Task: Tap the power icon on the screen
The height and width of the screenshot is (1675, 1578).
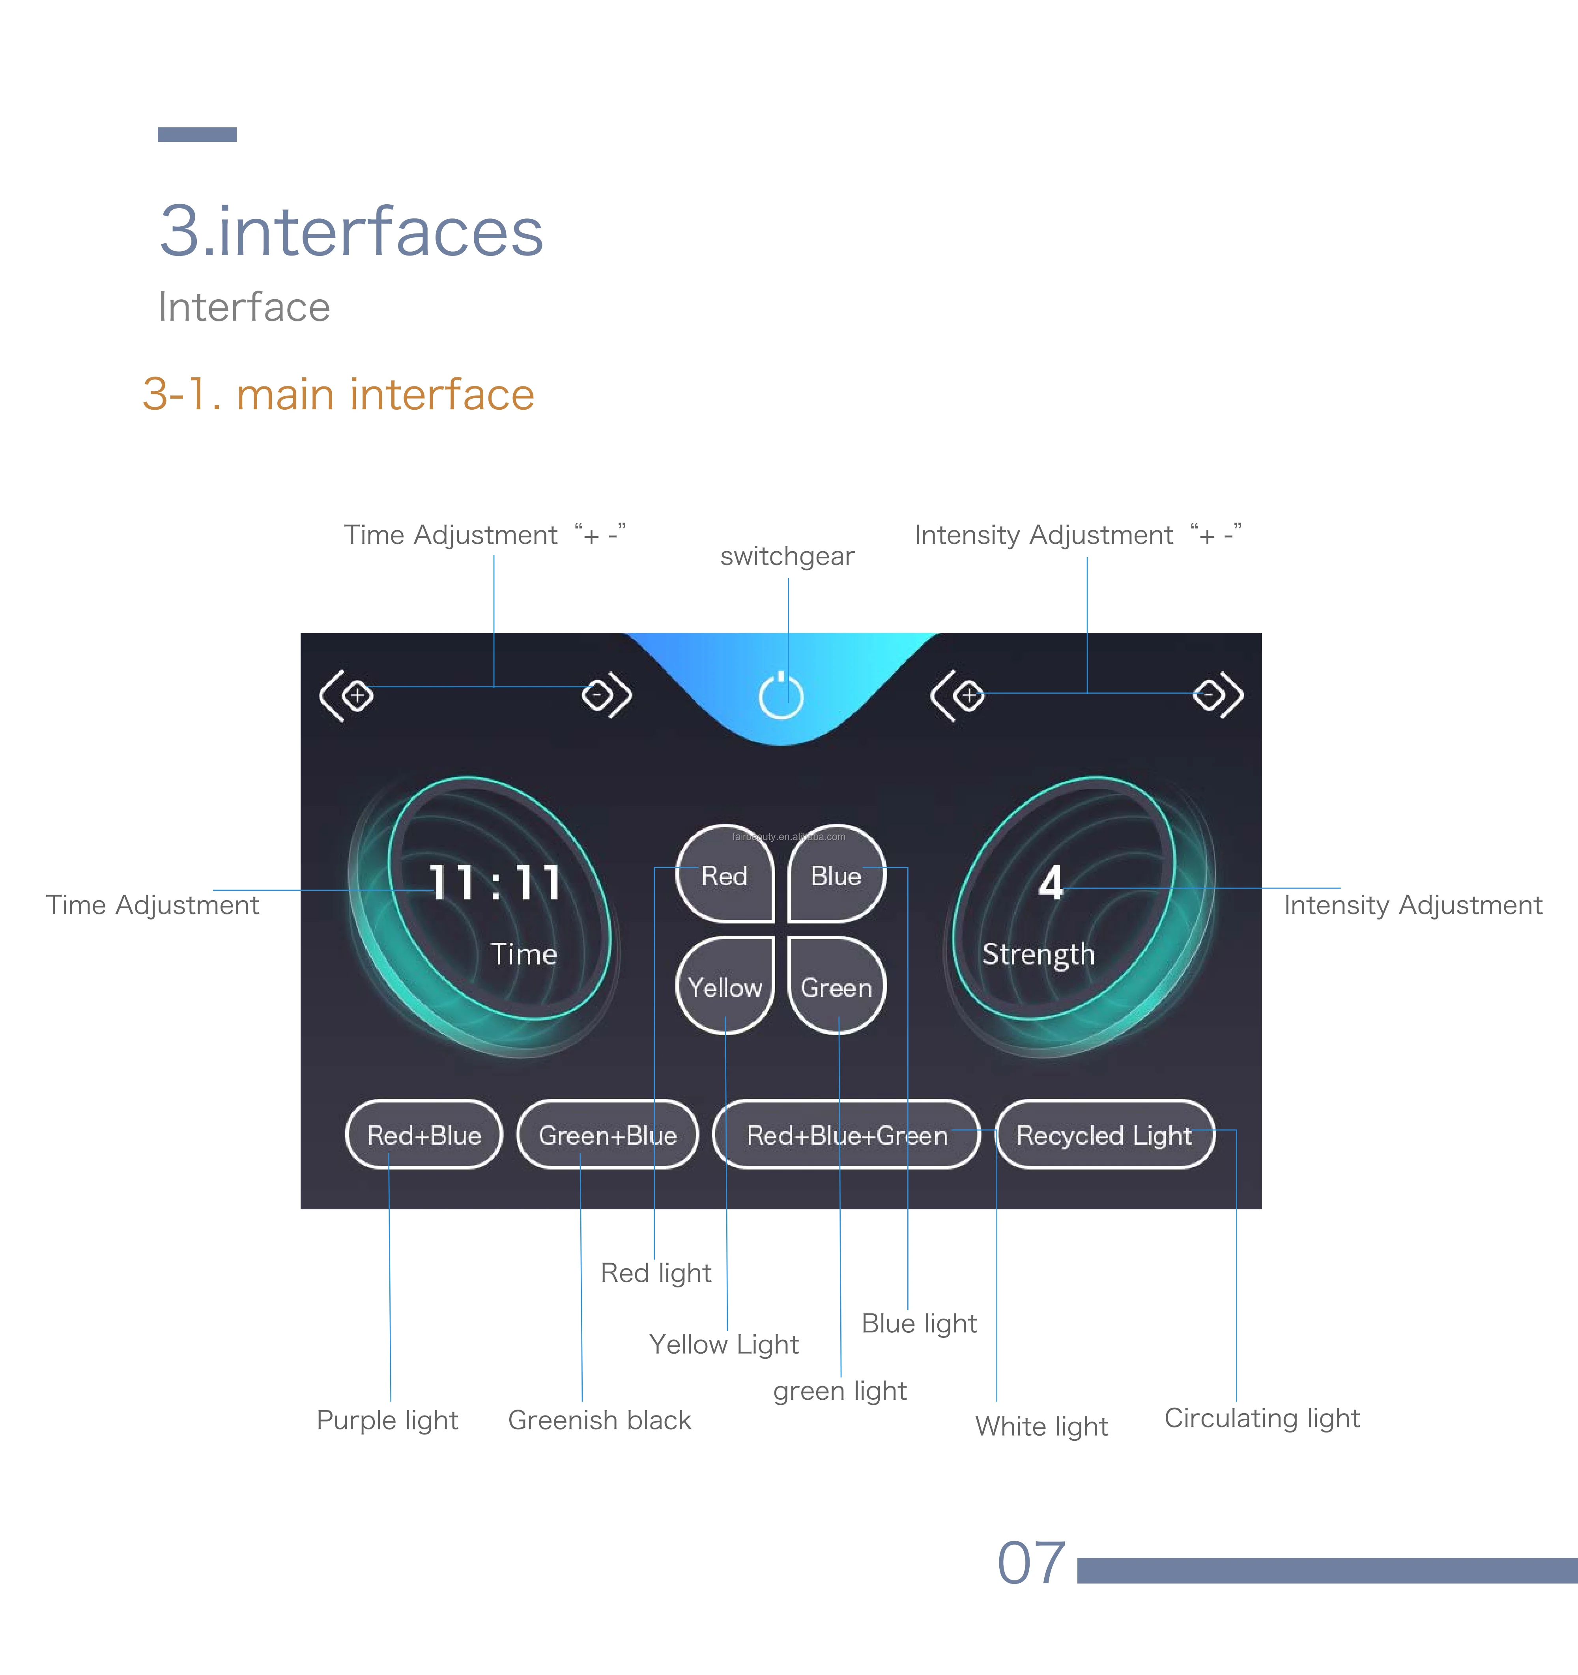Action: pyautogui.click(x=782, y=697)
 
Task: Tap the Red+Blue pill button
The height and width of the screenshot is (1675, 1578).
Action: pyautogui.click(x=424, y=1135)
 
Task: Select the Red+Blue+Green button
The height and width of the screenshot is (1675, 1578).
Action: pyautogui.click(x=846, y=1135)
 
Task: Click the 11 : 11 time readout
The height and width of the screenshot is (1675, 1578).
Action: pyautogui.click(x=495, y=882)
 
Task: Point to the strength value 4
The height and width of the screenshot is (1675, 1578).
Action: pyautogui.click(x=1050, y=882)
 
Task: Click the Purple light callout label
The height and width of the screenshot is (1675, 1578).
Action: pyautogui.click(x=387, y=1420)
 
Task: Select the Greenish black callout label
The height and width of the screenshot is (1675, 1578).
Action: pyautogui.click(x=599, y=1420)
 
